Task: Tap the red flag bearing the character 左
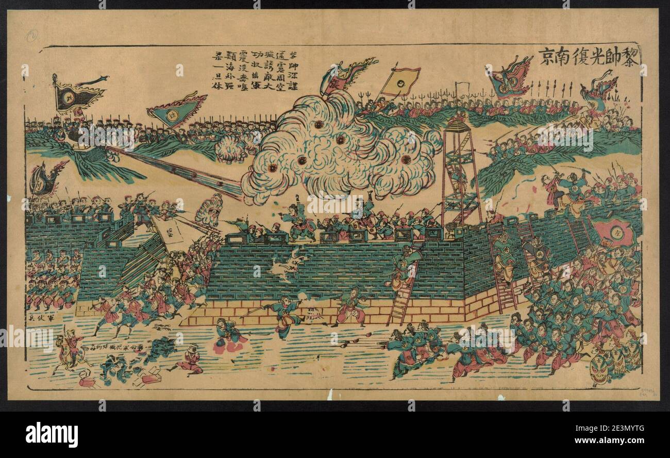(614, 232)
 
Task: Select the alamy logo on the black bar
(52, 434)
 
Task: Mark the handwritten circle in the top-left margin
(32, 36)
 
